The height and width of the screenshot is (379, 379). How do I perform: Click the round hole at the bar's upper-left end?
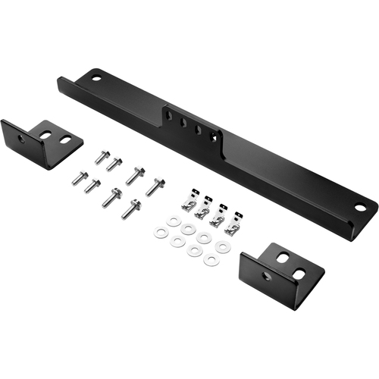click(96, 76)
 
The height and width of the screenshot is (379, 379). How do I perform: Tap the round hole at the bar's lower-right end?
click(361, 206)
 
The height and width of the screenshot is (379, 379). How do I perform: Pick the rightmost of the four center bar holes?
click(215, 136)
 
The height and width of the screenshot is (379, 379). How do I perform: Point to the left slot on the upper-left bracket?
click(45, 134)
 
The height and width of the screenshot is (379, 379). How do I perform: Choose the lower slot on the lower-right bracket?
click(299, 273)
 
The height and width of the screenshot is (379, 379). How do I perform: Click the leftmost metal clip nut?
click(188, 204)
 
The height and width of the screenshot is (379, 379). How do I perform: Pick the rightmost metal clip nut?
click(234, 225)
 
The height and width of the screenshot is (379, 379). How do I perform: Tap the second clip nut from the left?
click(202, 211)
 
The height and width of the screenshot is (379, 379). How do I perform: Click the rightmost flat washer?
click(222, 247)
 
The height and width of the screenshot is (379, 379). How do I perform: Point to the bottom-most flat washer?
click(212, 261)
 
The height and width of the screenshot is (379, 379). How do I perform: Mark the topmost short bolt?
click(101, 157)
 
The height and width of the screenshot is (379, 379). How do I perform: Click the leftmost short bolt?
click(79, 178)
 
